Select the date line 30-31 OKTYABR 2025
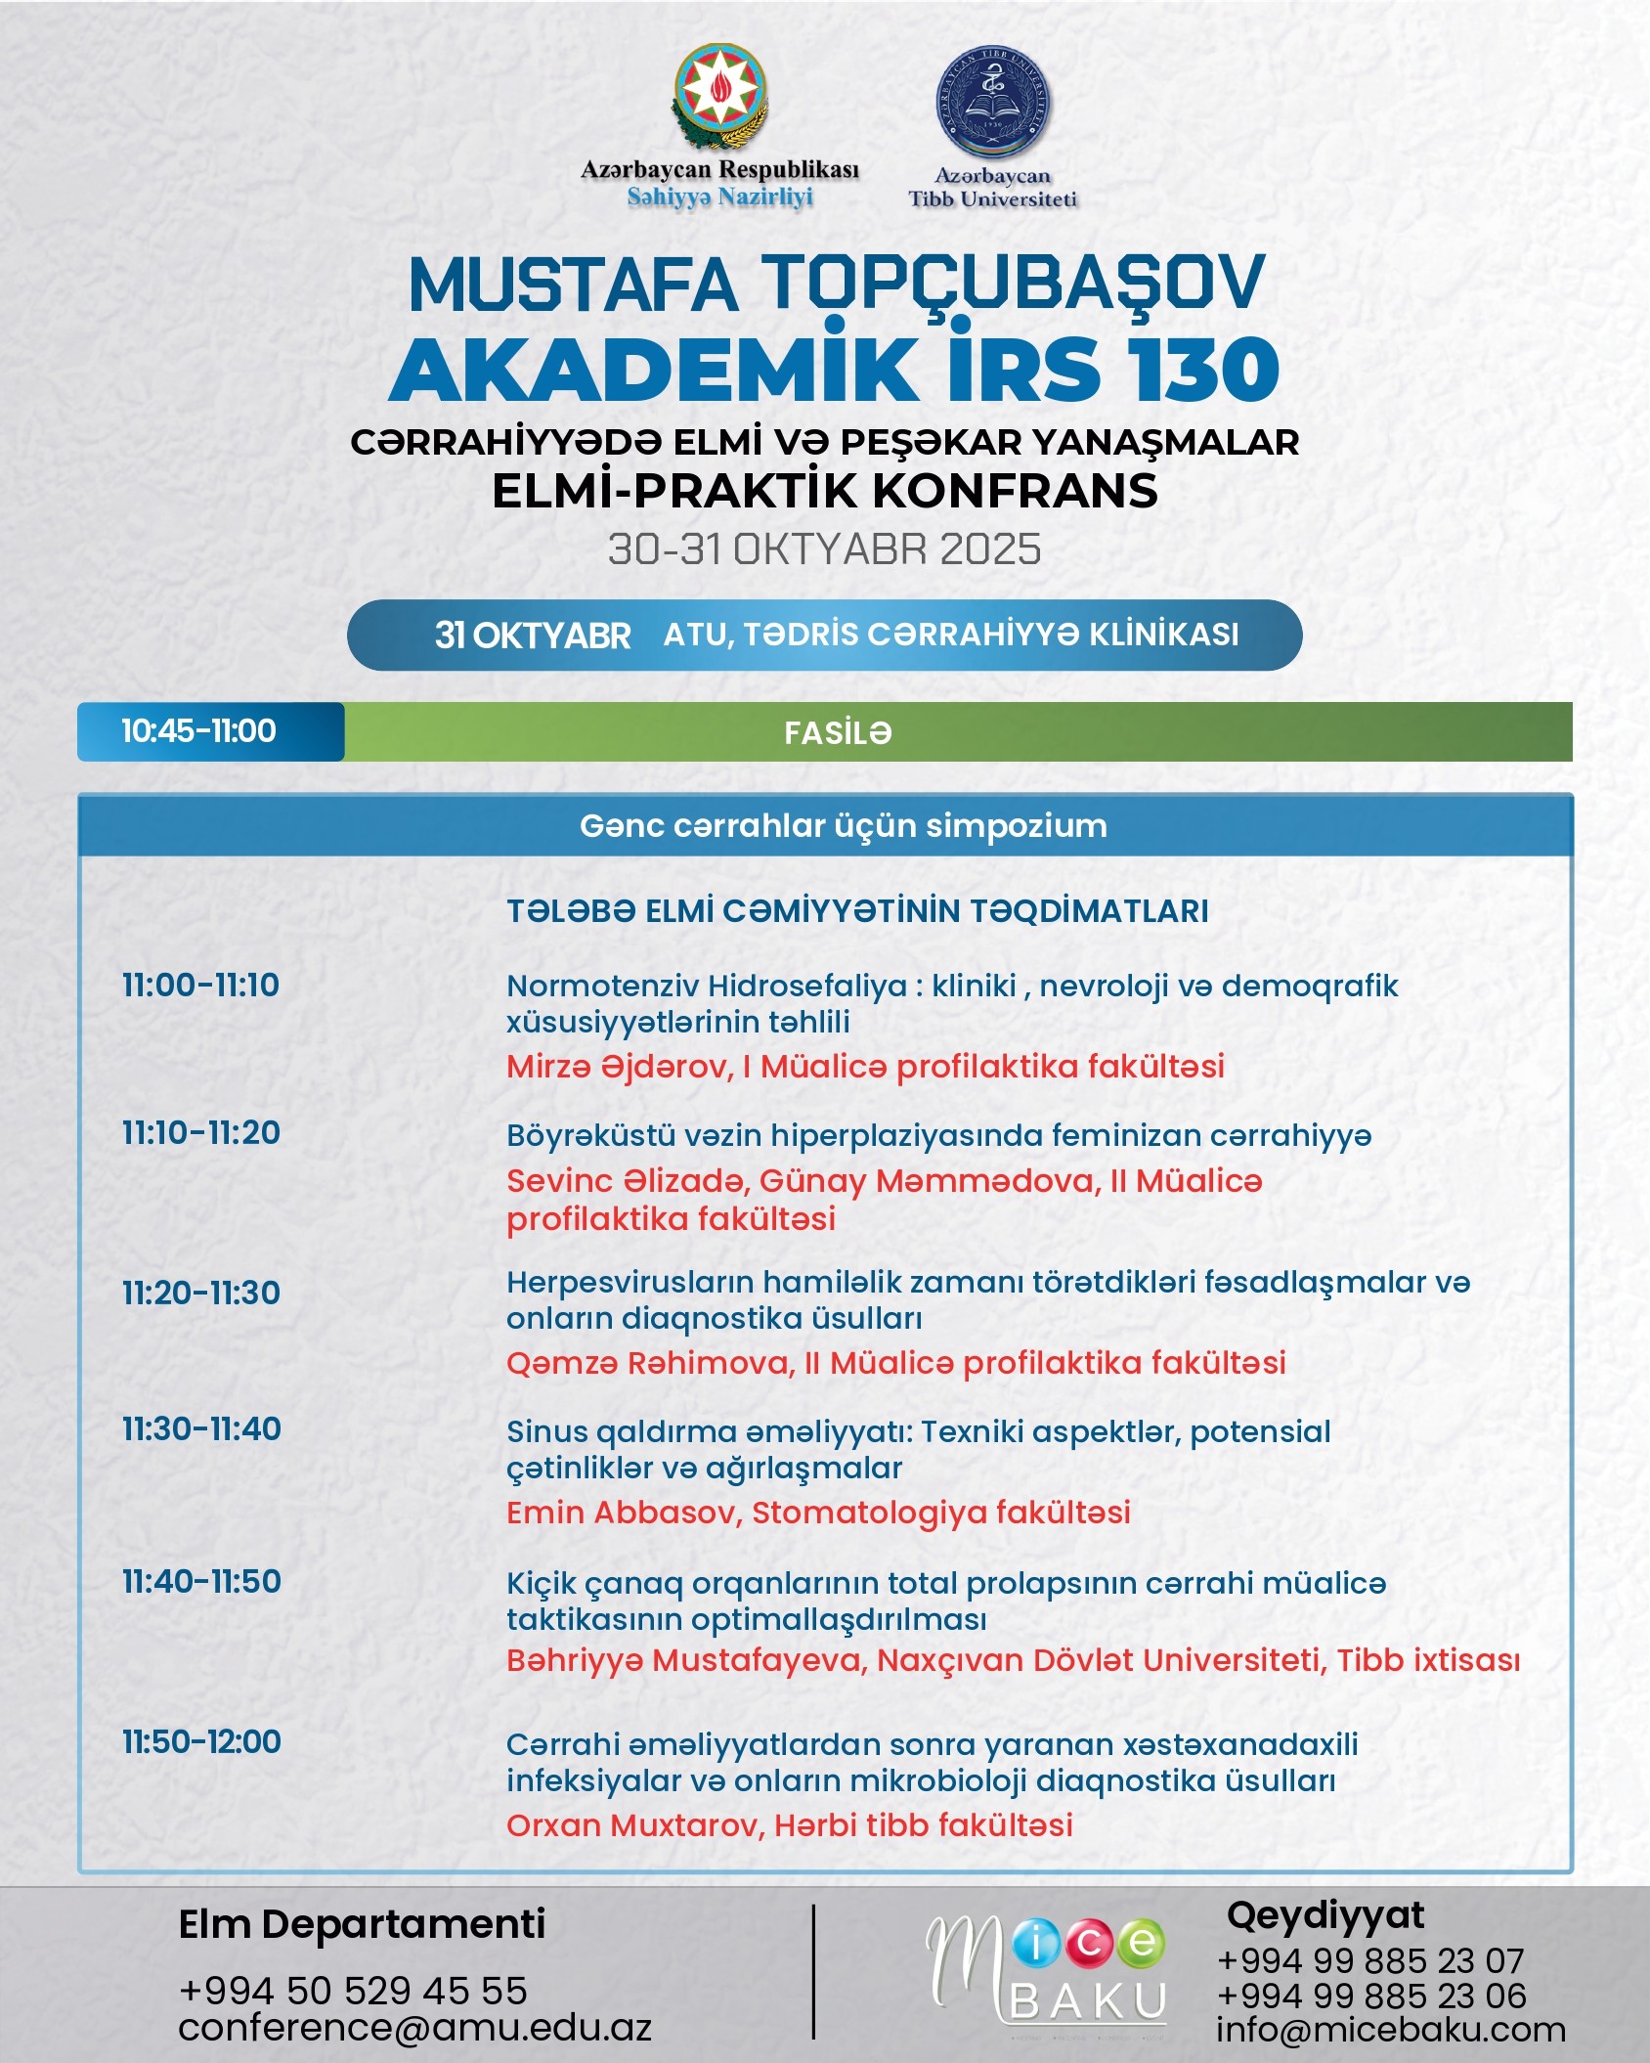click(824, 549)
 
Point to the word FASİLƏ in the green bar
click(838, 733)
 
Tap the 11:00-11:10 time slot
click(200, 985)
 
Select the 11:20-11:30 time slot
click(200, 1293)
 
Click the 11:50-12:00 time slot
click(201, 1741)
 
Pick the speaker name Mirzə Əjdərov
click(619, 1066)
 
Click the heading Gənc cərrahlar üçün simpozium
click(843, 826)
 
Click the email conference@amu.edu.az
click(414, 2027)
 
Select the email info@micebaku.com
click(1390, 2029)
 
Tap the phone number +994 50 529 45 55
click(353, 1990)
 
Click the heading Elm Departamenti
click(362, 1924)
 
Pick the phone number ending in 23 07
click(1370, 1960)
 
